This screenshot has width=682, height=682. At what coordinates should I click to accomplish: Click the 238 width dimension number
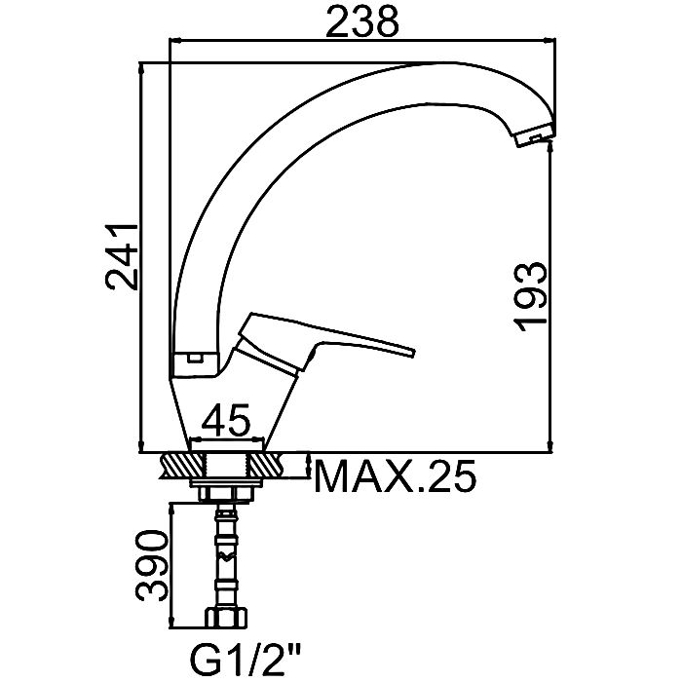pos(361,21)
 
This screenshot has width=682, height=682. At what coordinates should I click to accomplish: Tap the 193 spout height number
pos(529,296)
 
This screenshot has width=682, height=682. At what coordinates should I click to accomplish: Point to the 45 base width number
pos(226,420)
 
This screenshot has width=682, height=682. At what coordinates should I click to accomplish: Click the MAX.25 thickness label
pos(395,476)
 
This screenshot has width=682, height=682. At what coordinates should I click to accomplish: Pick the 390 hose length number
pos(151,565)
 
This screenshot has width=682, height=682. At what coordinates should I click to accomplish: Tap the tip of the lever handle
pos(412,353)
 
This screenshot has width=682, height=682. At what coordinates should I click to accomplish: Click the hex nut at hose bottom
pos(226,618)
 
